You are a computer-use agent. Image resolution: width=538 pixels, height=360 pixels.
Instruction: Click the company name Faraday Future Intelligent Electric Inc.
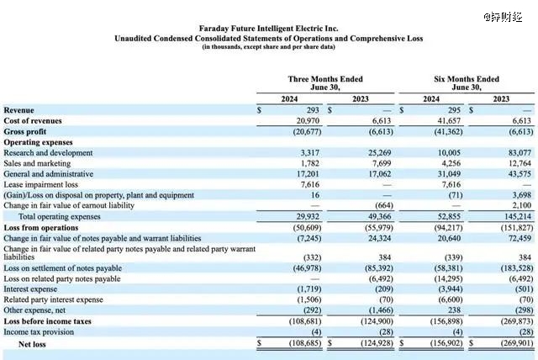coord(268,28)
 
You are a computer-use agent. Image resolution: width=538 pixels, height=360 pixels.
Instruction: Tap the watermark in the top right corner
coord(503,17)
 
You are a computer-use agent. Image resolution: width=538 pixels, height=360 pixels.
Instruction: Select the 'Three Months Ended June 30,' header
coord(325,83)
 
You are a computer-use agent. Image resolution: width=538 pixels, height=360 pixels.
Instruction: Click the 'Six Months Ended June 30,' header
coord(467,83)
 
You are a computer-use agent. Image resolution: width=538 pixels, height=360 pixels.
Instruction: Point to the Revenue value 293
coord(313,110)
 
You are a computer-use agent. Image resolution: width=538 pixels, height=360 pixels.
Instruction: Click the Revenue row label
coord(18,110)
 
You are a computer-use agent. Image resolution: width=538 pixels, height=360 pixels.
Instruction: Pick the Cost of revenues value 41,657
coord(449,121)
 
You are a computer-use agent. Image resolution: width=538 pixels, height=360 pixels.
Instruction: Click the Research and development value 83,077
coord(520,153)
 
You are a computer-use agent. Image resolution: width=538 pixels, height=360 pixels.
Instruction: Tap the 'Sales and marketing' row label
coord(37,163)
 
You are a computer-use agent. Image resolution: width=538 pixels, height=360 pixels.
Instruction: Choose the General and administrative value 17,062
coord(380,174)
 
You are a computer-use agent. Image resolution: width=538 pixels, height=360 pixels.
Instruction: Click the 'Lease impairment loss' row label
coord(41,185)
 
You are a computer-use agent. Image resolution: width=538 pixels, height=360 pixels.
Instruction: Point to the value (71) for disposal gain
coord(456,195)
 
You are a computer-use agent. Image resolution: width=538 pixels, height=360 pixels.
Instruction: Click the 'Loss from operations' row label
coord(41,228)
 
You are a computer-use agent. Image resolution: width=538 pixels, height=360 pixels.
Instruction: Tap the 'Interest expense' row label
coord(30,289)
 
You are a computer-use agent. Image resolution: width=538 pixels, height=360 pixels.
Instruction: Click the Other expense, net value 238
coord(454,310)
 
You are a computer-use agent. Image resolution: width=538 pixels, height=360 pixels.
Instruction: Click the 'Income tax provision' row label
coord(39,332)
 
